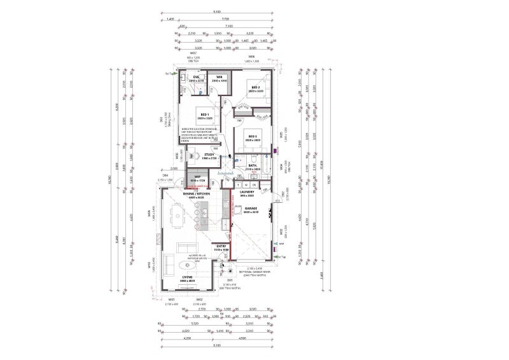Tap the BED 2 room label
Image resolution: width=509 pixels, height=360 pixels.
coord(255,88)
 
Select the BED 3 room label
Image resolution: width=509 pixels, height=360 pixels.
coord(252,136)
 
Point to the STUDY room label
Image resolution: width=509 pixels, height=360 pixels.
coord(209,155)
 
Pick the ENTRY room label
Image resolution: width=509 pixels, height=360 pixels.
coord(221,246)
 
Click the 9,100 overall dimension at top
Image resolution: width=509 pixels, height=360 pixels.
coord(217,11)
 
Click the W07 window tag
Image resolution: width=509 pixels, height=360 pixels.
coord(193,53)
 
